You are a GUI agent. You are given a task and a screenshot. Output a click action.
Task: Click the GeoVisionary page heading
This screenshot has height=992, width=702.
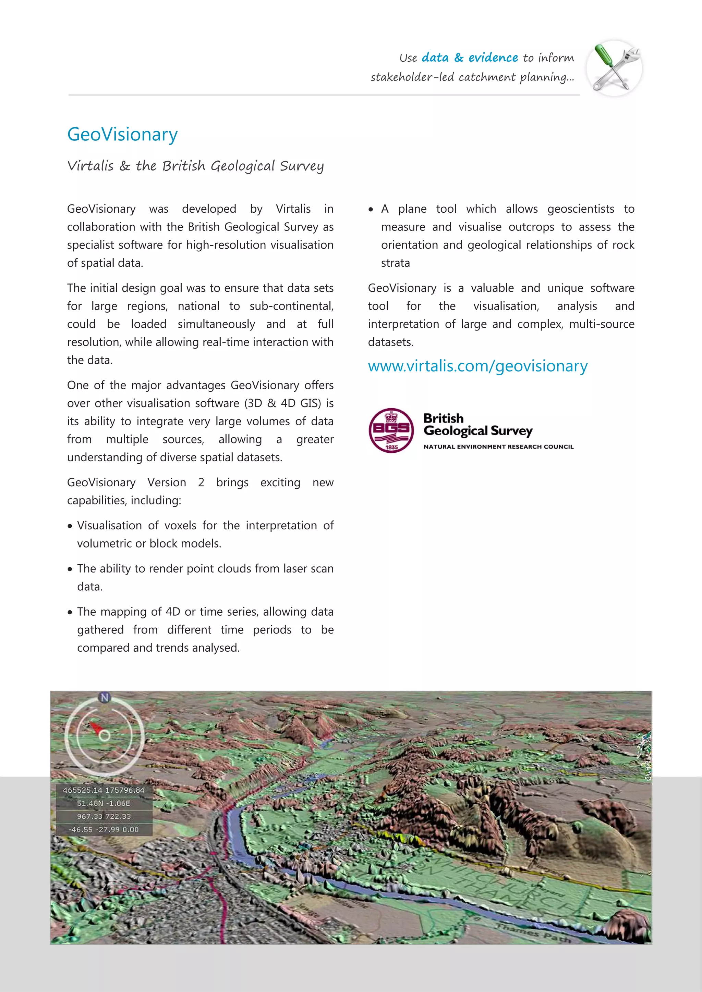[x=122, y=134]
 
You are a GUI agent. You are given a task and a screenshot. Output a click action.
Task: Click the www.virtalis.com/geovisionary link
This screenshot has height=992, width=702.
[x=477, y=366]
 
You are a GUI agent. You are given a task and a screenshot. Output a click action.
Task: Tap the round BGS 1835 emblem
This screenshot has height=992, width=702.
[x=391, y=430]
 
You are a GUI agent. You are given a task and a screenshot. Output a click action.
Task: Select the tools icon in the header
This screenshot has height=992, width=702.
[x=614, y=68]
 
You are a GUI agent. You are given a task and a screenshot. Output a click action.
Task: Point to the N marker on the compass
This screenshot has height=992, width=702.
[x=104, y=697]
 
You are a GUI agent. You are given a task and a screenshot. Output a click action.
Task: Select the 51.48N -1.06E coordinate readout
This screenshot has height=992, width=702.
[x=104, y=803]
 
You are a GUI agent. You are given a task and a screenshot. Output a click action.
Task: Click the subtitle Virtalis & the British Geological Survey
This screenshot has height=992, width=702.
[x=195, y=166]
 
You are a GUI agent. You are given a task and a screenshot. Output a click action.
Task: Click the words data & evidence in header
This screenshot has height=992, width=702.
[x=470, y=58]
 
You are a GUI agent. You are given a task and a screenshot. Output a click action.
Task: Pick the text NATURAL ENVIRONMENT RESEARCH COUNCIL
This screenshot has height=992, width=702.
[x=498, y=447]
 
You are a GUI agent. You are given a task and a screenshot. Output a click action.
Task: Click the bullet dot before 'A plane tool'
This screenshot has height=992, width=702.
[x=371, y=210]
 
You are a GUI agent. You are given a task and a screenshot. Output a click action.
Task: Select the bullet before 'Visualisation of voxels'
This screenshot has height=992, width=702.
[x=70, y=526]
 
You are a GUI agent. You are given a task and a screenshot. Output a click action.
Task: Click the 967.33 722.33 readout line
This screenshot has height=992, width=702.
[x=104, y=816]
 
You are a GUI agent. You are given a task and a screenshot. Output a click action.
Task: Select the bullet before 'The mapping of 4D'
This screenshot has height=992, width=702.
[x=70, y=612]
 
